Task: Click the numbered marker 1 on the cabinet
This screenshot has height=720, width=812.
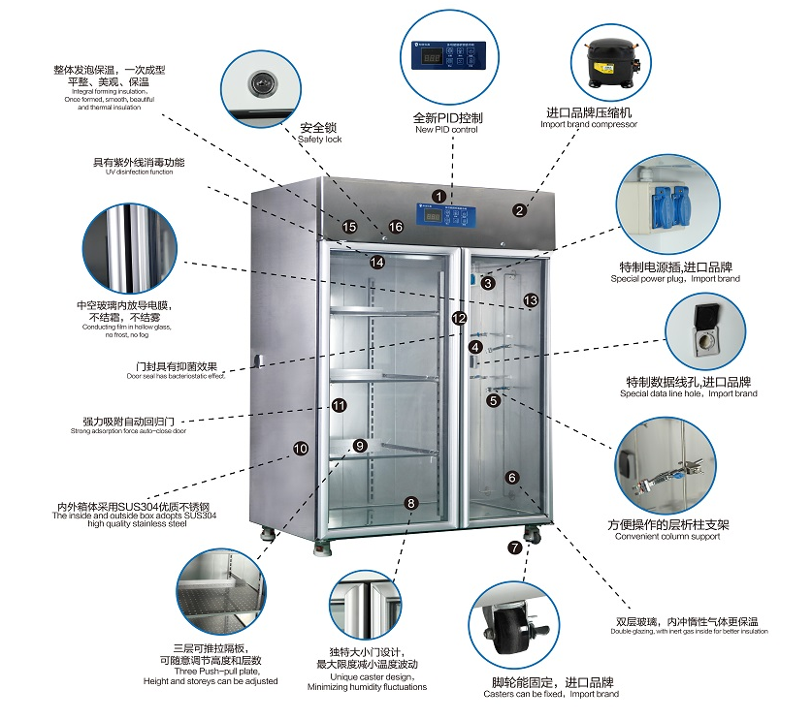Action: [438, 196]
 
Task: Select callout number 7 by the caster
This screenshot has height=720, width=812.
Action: [514, 548]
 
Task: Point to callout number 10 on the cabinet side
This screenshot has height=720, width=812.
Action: [301, 449]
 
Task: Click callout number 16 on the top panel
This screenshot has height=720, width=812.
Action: [395, 227]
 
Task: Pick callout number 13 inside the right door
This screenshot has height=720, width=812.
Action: [531, 300]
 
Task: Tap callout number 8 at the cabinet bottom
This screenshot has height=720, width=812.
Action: [411, 503]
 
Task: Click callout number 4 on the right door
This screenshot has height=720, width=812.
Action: [475, 346]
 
